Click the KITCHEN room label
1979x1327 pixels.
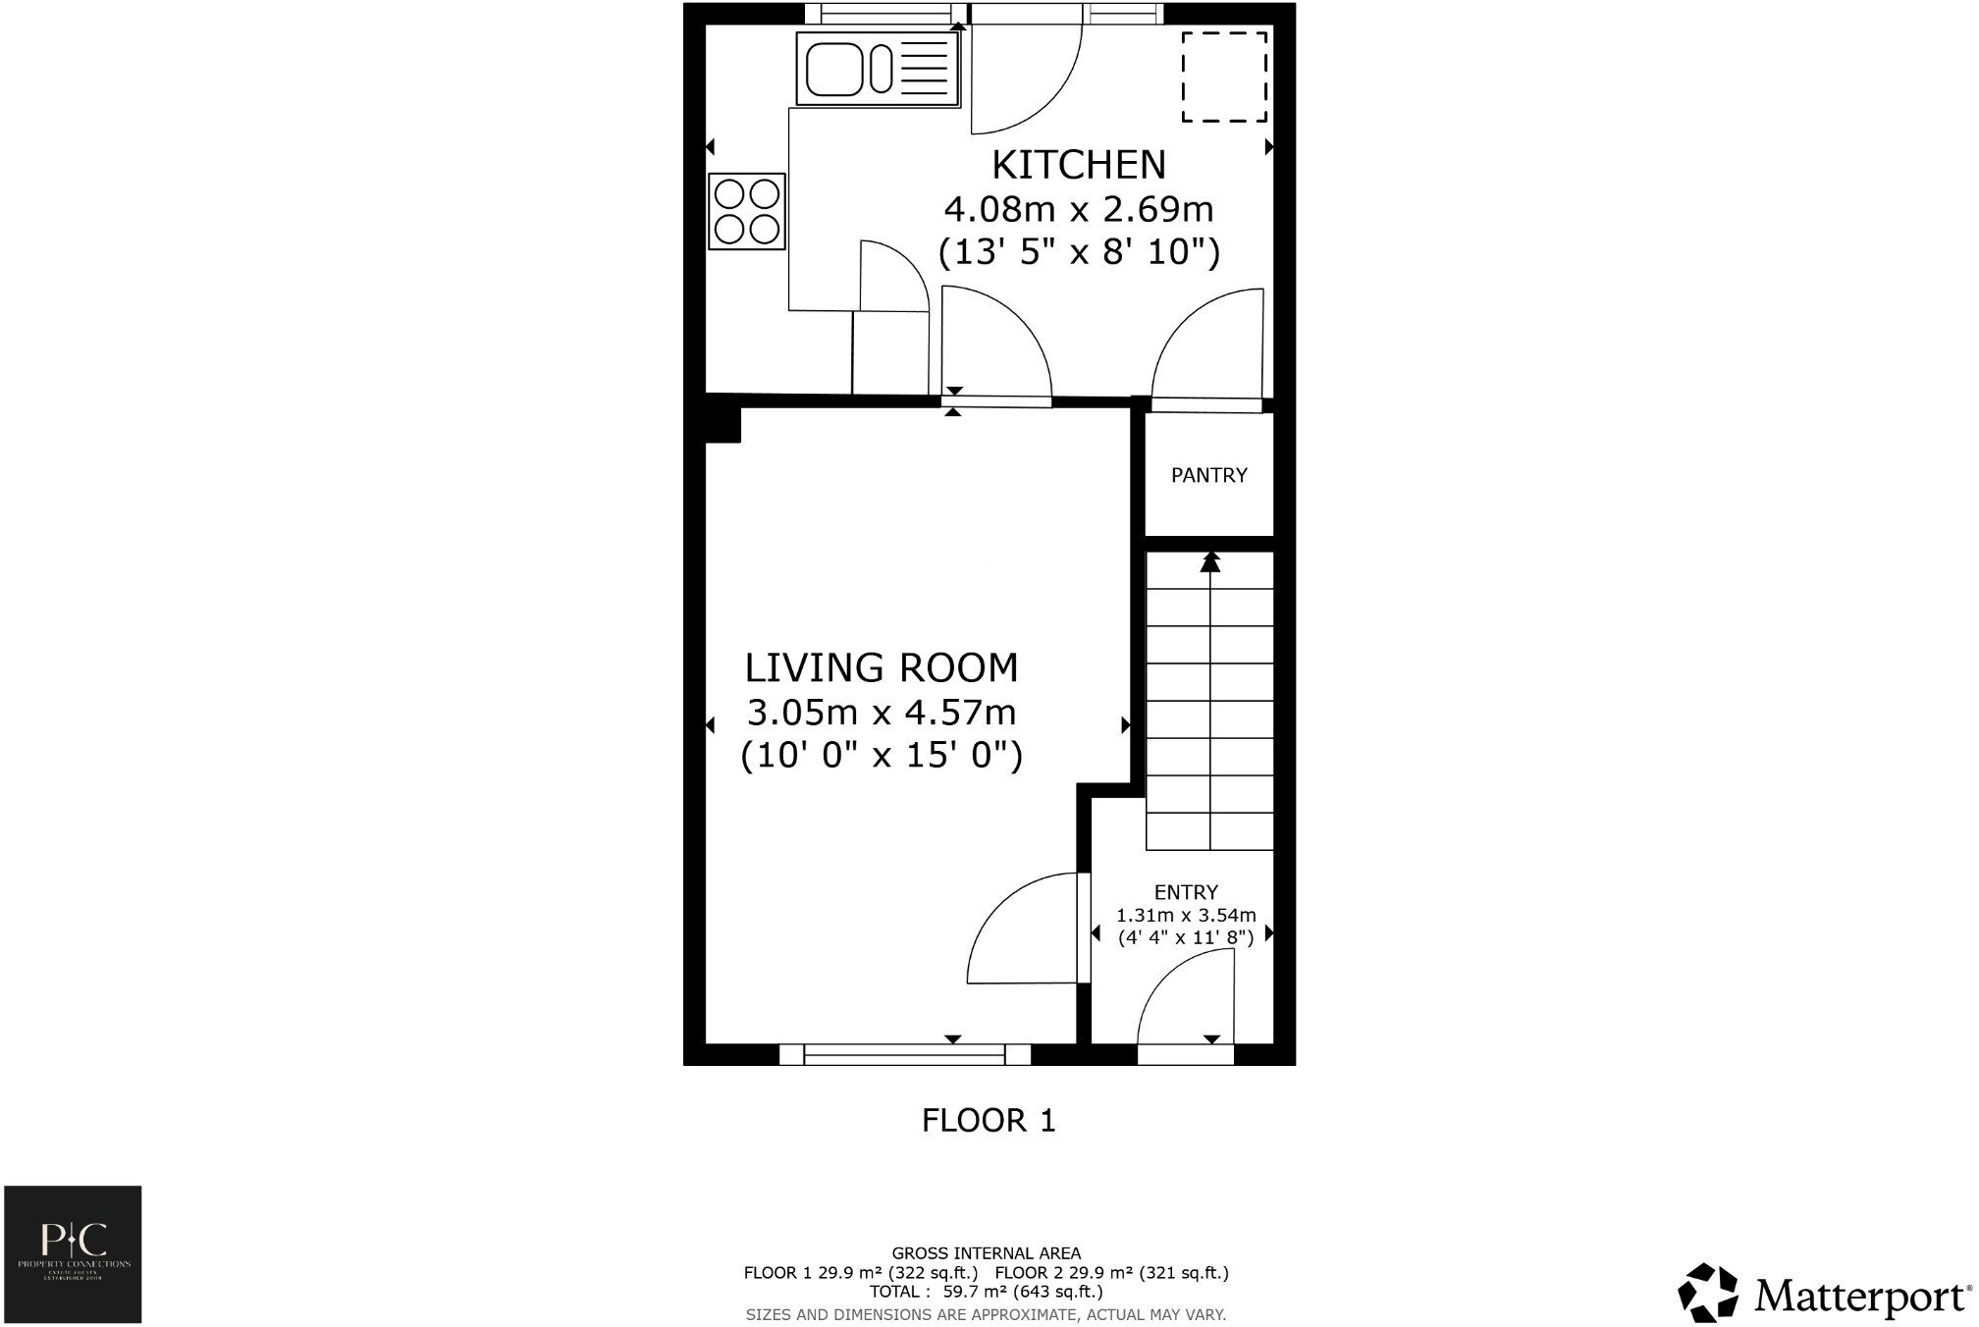coord(1078,165)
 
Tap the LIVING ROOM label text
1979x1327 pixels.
coord(881,668)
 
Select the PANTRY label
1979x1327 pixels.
coord(1208,475)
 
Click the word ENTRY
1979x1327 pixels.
coord(1186,892)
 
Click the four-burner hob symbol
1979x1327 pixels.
coord(747,211)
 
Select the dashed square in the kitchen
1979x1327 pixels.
coord(1223,78)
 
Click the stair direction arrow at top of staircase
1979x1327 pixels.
coord(1210,561)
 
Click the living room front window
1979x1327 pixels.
coord(904,1055)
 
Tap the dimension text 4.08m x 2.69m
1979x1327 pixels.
coord(1078,209)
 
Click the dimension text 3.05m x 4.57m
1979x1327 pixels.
coord(881,712)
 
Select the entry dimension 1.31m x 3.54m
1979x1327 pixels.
coord(1186,916)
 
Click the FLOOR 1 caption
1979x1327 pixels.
coord(988,1120)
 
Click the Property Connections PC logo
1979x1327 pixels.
coord(73,1253)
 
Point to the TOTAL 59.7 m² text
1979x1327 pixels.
coord(986,1292)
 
